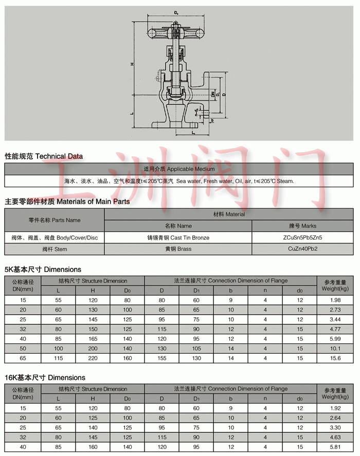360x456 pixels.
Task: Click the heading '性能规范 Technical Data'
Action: tap(44, 156)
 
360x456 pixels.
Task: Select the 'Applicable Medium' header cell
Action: tap(179, 169)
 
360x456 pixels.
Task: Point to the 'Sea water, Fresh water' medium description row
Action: tap(179, 181)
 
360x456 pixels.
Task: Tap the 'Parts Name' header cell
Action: tap(55, 220)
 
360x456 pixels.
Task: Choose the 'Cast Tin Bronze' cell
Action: tap(178, 238)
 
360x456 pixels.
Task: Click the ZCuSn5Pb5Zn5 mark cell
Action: tap(302, 238)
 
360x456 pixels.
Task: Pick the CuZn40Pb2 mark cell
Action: tap(302, 249)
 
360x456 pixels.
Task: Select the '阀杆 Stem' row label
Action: tap(54, 249)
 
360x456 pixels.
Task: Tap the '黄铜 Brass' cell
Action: tap(178, 249)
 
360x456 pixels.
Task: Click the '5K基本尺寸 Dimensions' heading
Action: tap(43, 269)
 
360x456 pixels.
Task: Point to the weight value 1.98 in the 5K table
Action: tap(335, 300)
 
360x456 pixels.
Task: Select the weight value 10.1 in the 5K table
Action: tap(335, 349)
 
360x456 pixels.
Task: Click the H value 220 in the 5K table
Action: tap(93, 358)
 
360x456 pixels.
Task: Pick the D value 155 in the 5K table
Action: tap(162, 358)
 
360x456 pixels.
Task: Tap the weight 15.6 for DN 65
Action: tap(335, 358)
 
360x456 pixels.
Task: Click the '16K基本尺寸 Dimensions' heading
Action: tap(45, 377)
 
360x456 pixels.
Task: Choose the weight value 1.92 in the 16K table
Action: tap(335, 408)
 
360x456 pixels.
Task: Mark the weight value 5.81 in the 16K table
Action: tap(335, 447)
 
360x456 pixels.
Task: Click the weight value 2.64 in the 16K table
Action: tap(335, 418)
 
